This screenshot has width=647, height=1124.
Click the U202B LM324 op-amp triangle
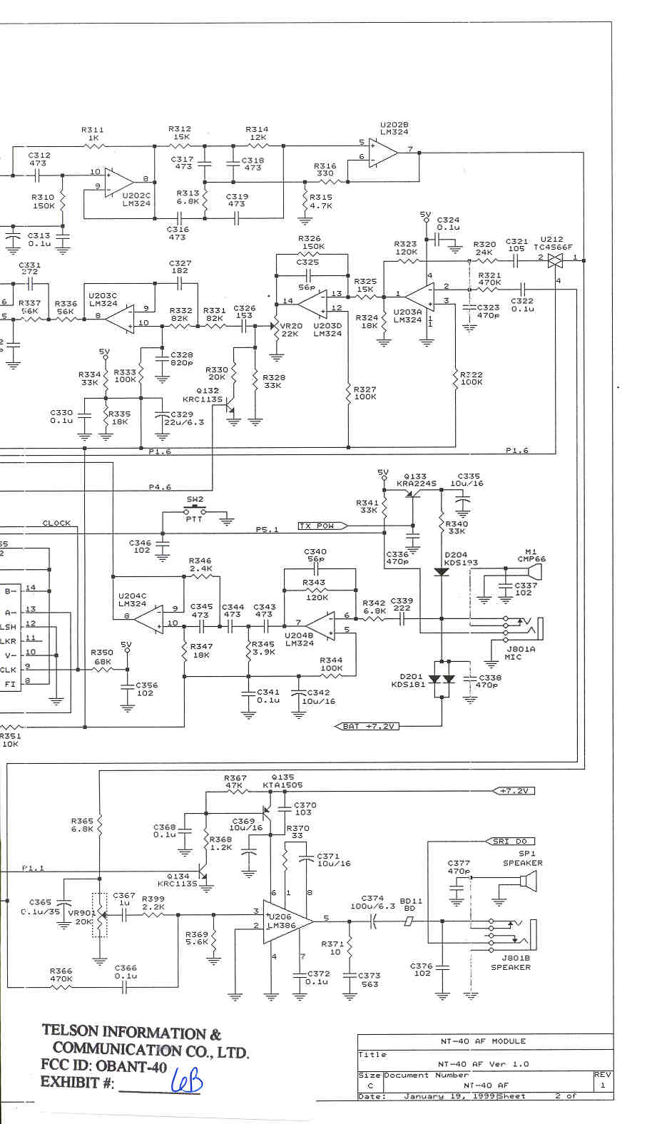click(x=383, y=152)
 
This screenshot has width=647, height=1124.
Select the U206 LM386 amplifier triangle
click(x=286, y=921)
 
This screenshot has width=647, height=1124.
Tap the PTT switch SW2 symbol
click(x=194, y=511)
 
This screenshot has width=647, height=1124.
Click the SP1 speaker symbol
click(x=526, y=883)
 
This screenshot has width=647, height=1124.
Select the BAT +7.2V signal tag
click(x=367, y=726)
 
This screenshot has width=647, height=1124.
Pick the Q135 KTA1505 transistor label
click(x=282, y=781)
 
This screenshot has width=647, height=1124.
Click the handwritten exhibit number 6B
click(x=187, y=1083)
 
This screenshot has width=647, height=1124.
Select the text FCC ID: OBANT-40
click(x=103, y=1066)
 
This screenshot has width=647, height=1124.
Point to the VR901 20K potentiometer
click(x=99, y=915)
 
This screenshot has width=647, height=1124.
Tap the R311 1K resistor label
click(x=93, y=133)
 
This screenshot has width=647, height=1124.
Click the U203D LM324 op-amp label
click(x=327, y=329)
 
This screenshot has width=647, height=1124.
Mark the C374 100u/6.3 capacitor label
click(x=372, y=902)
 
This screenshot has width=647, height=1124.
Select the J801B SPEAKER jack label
click(x=511, y=963)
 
